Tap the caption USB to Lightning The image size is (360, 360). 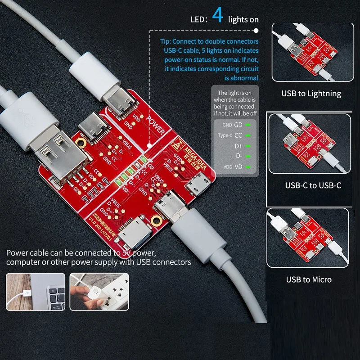click(311, 94)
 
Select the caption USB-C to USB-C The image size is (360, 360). click(313, 185)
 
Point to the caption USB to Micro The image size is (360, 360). click(309, 279)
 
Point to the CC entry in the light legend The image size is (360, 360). click(238, 135)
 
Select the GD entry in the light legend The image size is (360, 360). click(238, 125)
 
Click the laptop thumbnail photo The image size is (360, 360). click(35, 291)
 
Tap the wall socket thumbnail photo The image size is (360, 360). click(99, 291)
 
